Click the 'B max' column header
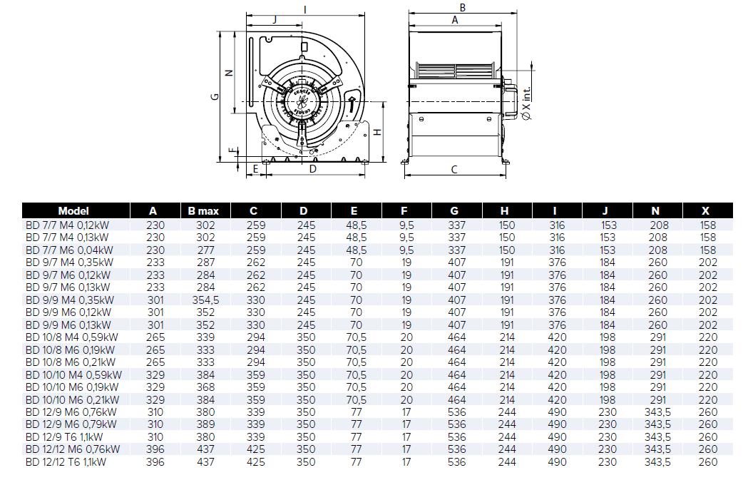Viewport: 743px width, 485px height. pyautogui.click(x=203, y=211)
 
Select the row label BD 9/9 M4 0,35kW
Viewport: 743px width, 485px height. pyautogui.click(x=70, y=300)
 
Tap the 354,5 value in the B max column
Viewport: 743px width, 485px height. pyautogui.click(x=205, y=300)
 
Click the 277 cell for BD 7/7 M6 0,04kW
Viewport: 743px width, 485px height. pyautogui.click(x=205, y=250)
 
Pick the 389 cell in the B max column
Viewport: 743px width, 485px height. pyautogui.click(x=205, y=424)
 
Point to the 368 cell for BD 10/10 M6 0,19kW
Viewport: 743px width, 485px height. pyautogui.click(x=205, y=387)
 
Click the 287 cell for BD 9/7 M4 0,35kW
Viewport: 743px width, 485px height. pyautogui.click(x=205, y=262)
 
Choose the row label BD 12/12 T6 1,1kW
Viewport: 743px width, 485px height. pyautogui.click(x=66, y=461)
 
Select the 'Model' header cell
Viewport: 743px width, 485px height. pyautogui.click(x=73, y=211)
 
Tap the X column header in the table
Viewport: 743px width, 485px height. pyautogui.click(x=706, y=211)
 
